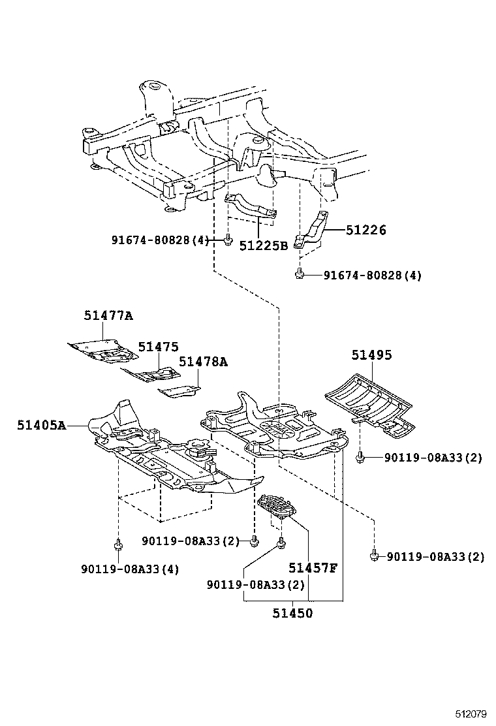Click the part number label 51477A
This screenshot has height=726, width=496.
108,316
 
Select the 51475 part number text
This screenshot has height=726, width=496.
157,347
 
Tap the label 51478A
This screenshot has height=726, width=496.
203,362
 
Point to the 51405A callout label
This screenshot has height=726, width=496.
42,426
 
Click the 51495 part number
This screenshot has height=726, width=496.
371,355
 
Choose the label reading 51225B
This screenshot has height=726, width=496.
263,246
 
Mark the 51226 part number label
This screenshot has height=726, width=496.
366,230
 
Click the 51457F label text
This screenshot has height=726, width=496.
313,567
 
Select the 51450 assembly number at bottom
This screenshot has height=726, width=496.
292,613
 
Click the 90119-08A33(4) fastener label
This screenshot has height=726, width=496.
130,569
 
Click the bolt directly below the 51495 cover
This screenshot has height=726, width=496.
360,458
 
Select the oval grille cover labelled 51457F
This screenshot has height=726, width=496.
277,507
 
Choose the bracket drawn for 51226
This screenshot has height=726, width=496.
313,232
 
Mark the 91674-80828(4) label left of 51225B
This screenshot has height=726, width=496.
159,240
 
